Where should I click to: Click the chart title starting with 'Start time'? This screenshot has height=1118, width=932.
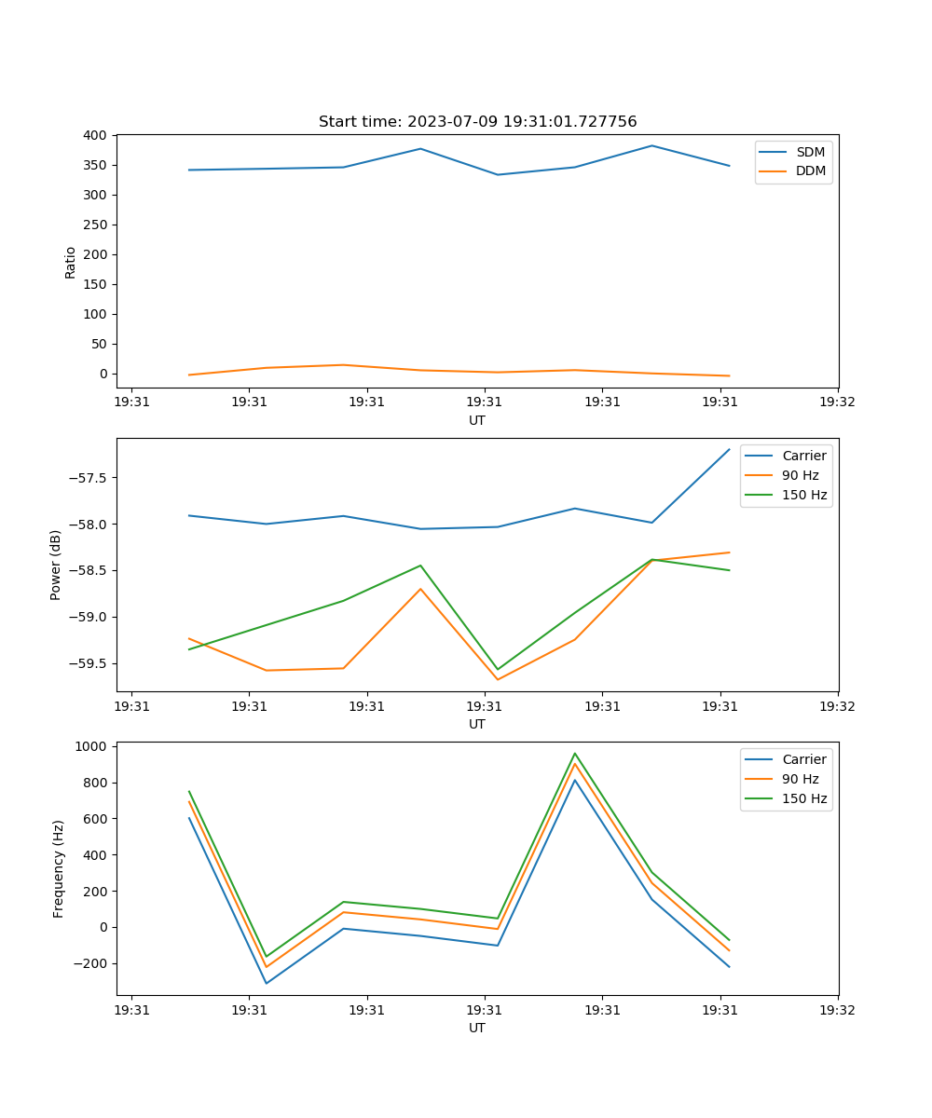477,122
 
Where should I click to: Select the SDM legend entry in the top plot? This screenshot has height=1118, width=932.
810,152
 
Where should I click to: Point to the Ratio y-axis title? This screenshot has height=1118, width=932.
71,262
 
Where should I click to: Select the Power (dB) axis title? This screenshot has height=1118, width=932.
56,565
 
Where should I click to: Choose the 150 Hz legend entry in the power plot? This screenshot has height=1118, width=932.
804,495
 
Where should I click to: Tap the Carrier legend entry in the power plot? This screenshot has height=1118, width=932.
803,456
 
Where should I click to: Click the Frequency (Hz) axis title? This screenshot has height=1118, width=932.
59,868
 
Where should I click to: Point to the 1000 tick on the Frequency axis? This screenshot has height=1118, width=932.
91,746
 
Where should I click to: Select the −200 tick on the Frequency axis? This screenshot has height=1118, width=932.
89,963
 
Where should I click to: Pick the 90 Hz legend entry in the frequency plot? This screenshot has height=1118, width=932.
800,779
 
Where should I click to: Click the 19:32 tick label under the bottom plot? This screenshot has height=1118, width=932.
837,1008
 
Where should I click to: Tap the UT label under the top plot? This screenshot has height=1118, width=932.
477,420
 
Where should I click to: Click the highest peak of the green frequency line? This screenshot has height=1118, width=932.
575,754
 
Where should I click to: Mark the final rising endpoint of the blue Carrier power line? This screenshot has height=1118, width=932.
729,450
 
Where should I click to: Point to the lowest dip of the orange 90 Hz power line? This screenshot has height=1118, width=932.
498,679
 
